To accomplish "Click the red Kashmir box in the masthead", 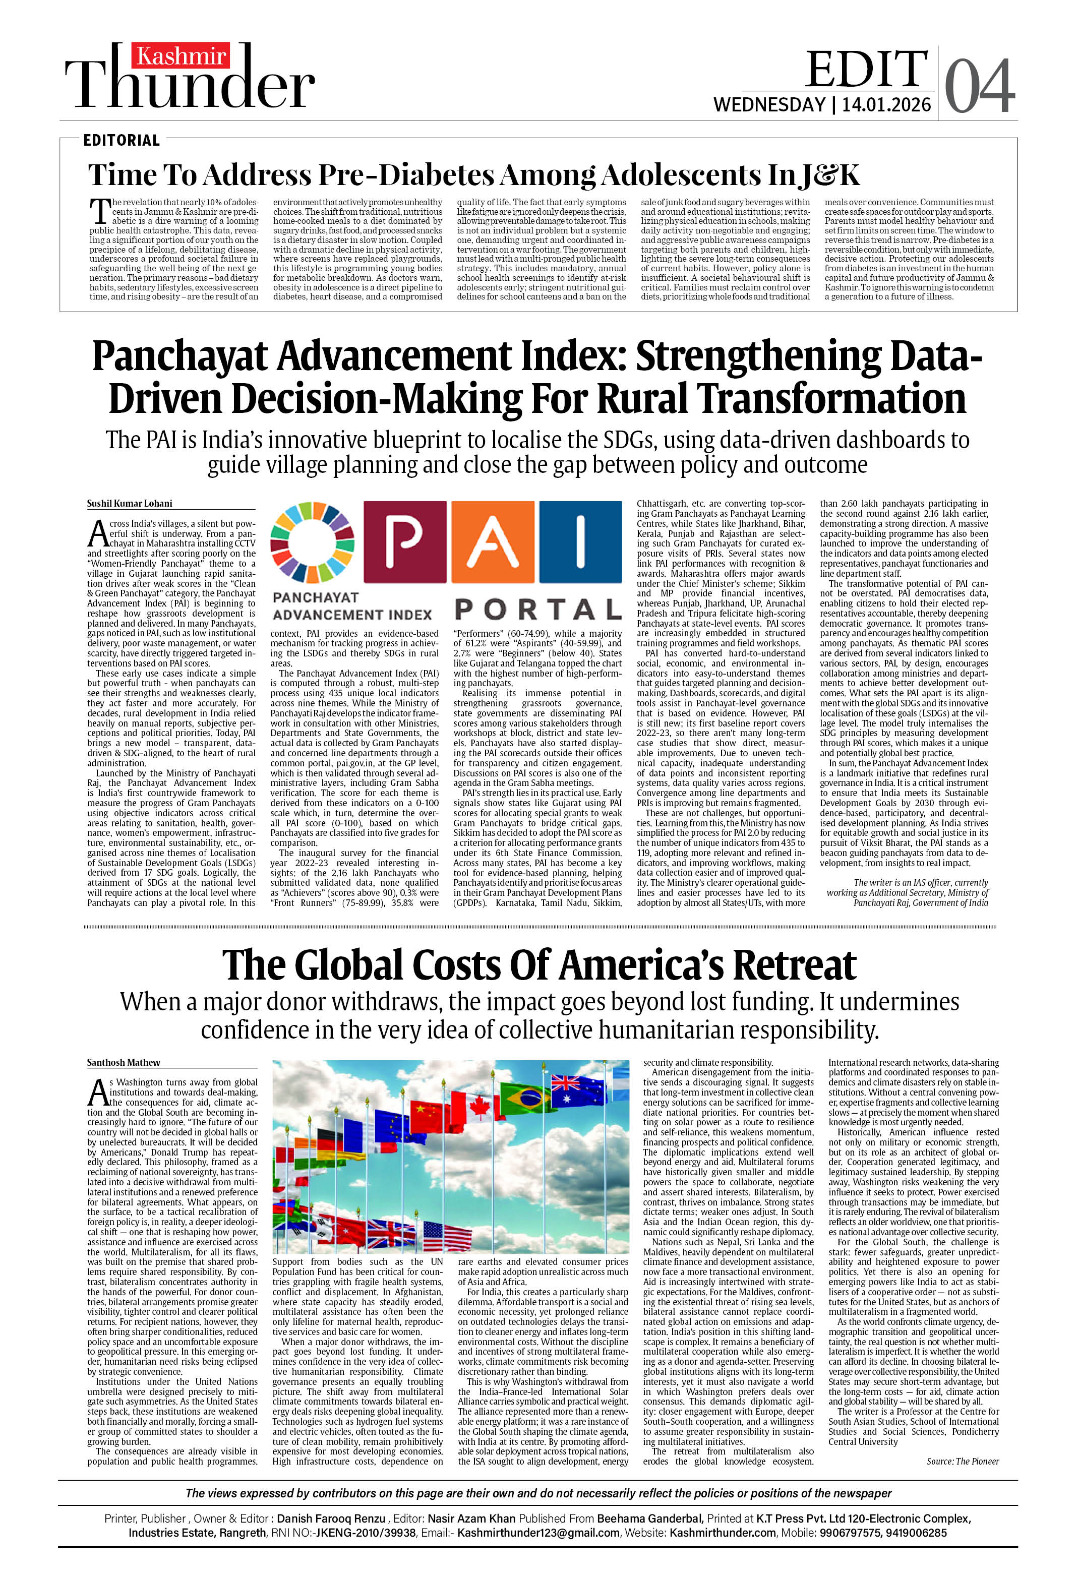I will (180, 55).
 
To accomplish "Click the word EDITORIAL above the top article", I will (122, 141).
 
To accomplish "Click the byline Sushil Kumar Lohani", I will (130, 504).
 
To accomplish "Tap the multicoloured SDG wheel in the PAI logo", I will (313, 542).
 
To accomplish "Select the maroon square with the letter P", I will (405, 542).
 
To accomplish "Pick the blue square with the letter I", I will (579, 542).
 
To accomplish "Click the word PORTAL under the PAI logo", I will (537, 610).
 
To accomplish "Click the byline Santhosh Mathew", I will (124, 1063).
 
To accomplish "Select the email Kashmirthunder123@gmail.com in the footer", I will (538, 1533).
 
